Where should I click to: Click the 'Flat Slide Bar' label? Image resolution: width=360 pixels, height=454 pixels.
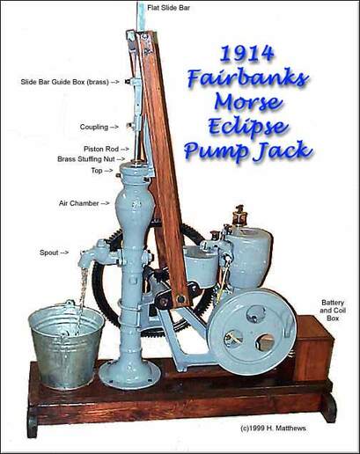(x=168, y=8)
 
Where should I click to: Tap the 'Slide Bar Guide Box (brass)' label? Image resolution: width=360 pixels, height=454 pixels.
(x=64, y=82)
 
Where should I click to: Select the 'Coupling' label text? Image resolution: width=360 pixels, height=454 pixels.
(x=94, y=128)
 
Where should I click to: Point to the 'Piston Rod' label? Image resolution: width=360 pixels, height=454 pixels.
(x=101, y=149)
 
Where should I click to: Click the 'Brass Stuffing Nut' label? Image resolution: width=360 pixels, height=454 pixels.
(x=86, y=159)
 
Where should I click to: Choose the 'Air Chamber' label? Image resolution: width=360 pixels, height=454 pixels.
(x=78, y=203)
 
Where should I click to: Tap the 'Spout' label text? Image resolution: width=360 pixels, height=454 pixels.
(x=49, y=253)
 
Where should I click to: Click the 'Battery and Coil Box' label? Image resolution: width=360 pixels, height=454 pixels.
(x=333, y=311)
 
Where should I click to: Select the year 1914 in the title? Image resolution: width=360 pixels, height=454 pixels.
(x=247, y=54)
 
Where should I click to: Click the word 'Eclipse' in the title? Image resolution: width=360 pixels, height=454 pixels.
(x=247, y=126)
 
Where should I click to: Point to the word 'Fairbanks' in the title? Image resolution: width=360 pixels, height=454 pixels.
(x=247, y=78)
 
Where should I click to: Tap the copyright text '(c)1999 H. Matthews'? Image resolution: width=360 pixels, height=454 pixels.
(x=273, y=428)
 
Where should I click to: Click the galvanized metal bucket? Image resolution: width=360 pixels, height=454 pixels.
(x=66, y=345)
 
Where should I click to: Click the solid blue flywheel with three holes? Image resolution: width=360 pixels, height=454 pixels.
(x=253, y=332)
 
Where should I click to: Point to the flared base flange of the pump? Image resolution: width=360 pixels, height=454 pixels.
(x=129, y=375)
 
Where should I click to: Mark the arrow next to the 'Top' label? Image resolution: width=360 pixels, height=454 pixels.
(x=108, y=171)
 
